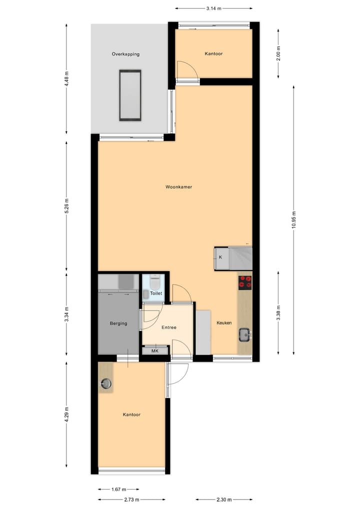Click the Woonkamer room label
pyautogui.click(x=179, y=187)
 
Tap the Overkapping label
pyautogui.click(x=125, y=54)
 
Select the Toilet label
pyautogui.click(x=156, y=294)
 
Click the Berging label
pyautogui.click(x=118, y=323)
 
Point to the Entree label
pyautogui.click(x=169, y=328)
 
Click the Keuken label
pyautogui.click(x=224, y=323)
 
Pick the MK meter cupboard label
pyautogui.click(x=155, y=351)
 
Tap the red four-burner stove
pyautogui.click(x=245, y=282)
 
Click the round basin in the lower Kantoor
pyautogui.click(x=106, y=384)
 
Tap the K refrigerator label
pyautogui.click(x=220, y=258)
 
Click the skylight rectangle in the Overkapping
pyautogui.click(x=130, y=95)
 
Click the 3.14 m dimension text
pyautogui.click(x=213, y=8)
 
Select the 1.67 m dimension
pyautogui.click(x=118, y=490)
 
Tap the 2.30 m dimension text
pyautogui.click(x=224, y=499)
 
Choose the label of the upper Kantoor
pyautogui.click(x=213, y=54)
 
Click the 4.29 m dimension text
pyautogui.click(x=67, y=415)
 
